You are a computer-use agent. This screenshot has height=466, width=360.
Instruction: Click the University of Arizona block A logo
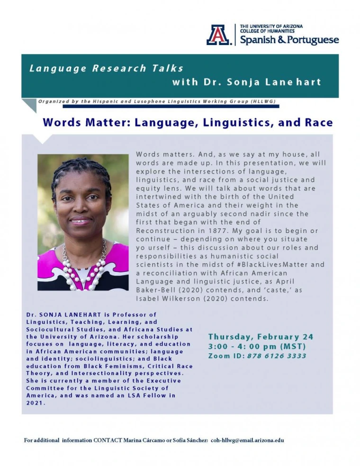pyautogui.click(x=218, y=35)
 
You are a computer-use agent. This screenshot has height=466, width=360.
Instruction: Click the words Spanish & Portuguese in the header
pyautogui.click(x=289, y=40)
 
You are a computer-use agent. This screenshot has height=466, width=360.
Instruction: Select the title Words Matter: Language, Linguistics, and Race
pyautogui.click(x=188, y=123)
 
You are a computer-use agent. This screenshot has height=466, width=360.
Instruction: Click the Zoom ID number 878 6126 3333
pyautogui.click(x=277, y=356)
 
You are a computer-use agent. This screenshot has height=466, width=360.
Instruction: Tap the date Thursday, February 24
pyautogui.click(x=261, y=337)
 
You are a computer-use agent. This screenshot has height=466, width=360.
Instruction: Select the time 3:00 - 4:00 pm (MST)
pyautogui.click(x=257, y=347)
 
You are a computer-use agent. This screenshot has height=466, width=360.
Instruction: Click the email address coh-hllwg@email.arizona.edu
pyautogui.click(x=247, y=440)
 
